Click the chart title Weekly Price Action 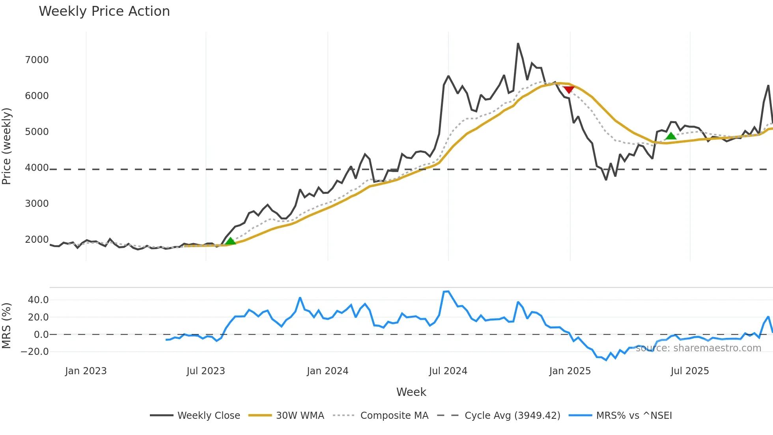point(104,11)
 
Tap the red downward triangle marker point(568,90)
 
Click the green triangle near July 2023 point(230,241)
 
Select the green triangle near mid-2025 point(671,136)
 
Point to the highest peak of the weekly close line point(518,44)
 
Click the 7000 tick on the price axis point(37,60)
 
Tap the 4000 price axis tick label point(37,168)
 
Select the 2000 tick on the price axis point(37,240)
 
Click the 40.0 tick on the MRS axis point(38,300)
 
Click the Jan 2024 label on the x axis point(327,371)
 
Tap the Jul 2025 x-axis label point(690,371)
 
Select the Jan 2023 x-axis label point(86,371)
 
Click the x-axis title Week point(411,392)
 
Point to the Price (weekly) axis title point(7,146)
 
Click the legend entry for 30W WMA point(300,416)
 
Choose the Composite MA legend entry point(394,416)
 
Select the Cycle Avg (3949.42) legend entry point(512,416)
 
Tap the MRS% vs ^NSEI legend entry point(634,416)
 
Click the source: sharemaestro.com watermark point(698,348)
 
